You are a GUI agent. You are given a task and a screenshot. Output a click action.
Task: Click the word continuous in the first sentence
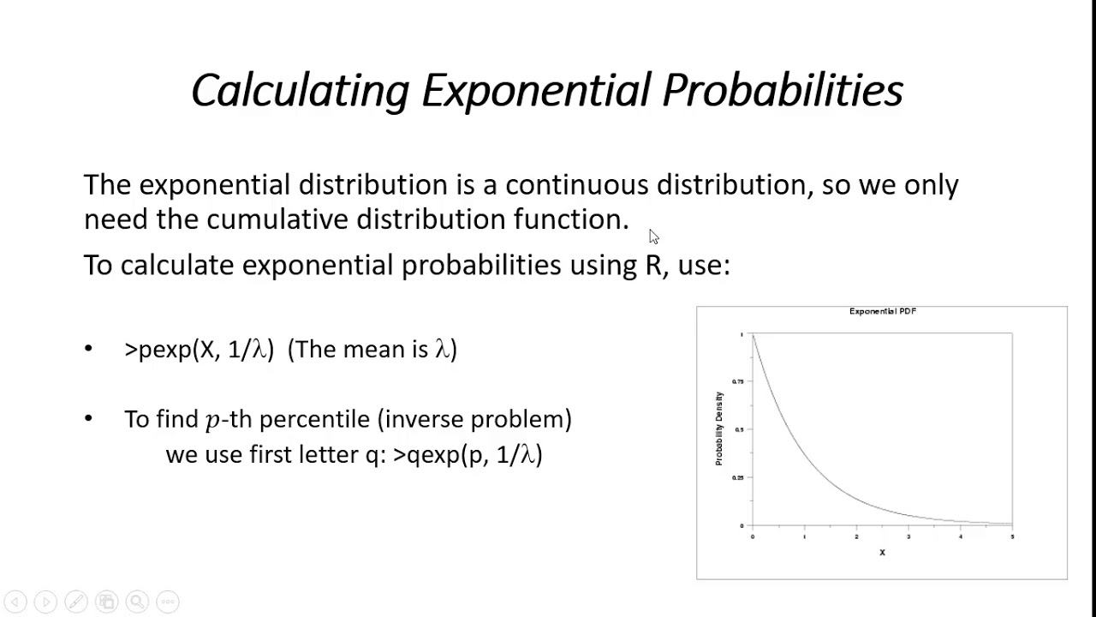point(577,185)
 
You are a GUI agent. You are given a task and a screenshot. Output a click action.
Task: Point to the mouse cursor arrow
point(653,237)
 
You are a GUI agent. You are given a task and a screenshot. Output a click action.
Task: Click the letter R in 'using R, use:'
point(653,265)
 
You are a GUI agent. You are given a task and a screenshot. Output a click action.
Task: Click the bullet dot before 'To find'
point(89,419)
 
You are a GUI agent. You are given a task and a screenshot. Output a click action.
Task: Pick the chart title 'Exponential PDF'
point(882,312)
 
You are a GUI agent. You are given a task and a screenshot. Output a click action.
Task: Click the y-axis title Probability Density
point(719,428)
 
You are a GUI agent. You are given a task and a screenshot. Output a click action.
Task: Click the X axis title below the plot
point(882,553)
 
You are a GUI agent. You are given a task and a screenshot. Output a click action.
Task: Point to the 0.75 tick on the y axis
point(737,381)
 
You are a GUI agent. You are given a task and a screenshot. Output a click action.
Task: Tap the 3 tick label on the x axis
point(908,537)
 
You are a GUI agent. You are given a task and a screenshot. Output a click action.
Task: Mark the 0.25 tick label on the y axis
point(737,477)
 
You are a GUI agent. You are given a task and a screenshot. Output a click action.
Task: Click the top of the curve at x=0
point(753,335)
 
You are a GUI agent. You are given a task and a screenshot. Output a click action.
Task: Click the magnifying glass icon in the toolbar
point(137,602)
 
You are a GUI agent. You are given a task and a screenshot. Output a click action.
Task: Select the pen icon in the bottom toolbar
point(76,602)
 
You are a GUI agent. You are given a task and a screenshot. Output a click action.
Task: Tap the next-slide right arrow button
point(46,602)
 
